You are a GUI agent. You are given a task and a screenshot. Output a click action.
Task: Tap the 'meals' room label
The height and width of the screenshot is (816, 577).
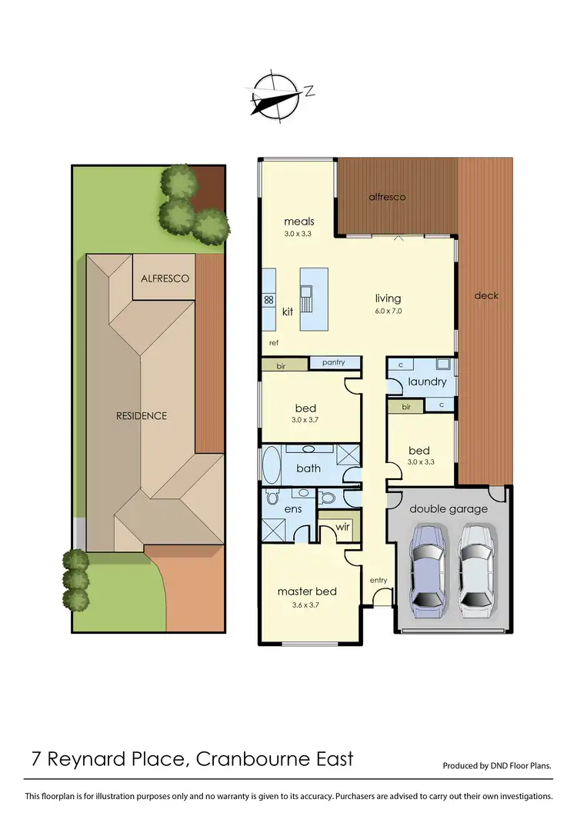(299, 221)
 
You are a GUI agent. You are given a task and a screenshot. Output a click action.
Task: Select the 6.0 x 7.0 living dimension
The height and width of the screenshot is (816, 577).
(388, 311)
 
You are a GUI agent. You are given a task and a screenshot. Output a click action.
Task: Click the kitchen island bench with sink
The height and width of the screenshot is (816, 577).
(313, 298)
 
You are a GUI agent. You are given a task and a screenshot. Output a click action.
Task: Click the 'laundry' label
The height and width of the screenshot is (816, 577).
(427, 381)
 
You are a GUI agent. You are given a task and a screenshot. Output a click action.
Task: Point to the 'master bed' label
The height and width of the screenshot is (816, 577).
(307, 591)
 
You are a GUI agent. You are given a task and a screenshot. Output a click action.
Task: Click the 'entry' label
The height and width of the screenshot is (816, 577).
(379, 580)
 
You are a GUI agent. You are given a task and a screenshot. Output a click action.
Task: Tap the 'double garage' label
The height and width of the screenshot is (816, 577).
(448, 508)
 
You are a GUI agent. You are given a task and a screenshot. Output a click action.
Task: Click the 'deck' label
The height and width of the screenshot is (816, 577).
(486, 295)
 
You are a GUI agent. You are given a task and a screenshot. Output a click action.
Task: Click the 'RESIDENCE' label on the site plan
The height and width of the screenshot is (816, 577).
(142, 416)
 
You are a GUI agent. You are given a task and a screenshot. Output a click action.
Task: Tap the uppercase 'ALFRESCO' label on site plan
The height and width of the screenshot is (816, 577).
(165, 279)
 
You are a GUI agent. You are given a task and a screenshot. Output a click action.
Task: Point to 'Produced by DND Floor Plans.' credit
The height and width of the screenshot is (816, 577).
(497, 766)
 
